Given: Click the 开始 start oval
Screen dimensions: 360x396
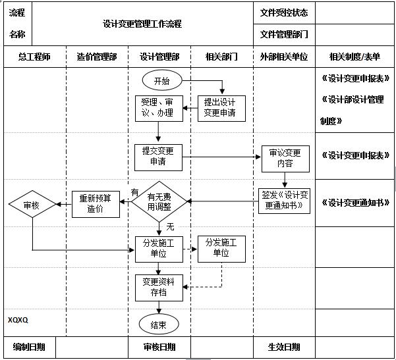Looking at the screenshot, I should (161, 81).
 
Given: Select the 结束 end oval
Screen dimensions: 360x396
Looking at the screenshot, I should (158, 324).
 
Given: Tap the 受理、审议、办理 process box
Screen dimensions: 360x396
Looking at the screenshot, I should (157, 108).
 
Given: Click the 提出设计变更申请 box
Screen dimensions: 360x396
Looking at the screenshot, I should (221, 108).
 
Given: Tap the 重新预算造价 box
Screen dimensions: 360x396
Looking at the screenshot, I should (96, 203).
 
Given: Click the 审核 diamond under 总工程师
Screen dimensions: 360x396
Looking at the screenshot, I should (32, 205).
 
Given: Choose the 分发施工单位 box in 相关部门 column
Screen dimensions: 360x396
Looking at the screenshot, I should (221, 248).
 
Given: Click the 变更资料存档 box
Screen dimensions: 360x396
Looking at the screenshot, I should (158, 286).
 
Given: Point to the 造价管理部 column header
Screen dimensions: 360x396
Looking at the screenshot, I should (97, 57).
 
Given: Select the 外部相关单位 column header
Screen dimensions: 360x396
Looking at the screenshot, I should (284, 57).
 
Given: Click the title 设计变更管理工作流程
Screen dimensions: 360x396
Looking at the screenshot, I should (142, 24).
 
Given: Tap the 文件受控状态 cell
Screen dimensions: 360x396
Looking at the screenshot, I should (284, 13).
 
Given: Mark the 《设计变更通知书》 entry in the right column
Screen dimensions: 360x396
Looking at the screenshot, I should (355, 203).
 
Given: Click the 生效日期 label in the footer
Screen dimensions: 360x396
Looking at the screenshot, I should (284, 347).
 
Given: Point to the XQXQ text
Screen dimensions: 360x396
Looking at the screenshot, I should (18, 320).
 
